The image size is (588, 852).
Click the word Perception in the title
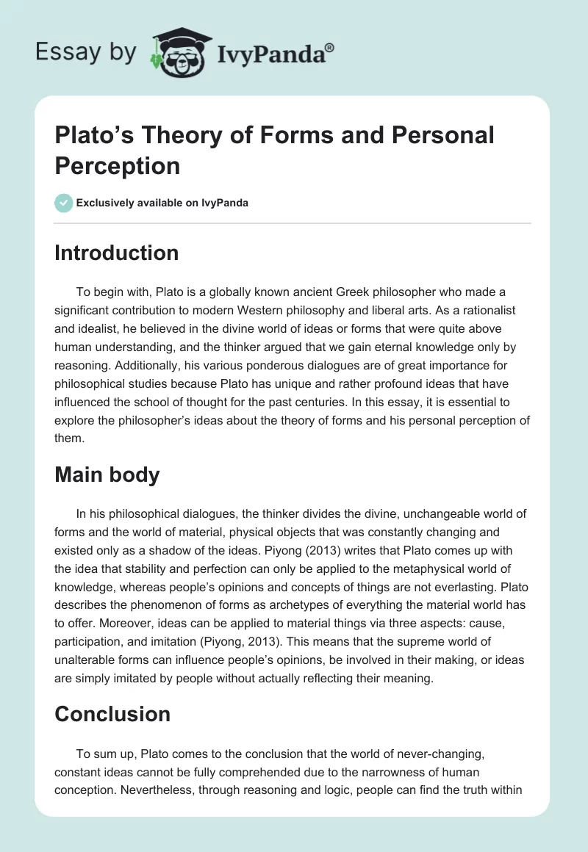pyautogui.click(x=118, y=165)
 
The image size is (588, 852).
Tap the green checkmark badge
pyautogui.click(x=64, y=203)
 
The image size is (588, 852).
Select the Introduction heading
pyautogui.click(x=117, y=253)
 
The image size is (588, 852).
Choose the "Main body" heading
pyautogui.click(x=107, y=474)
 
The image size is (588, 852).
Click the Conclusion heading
pyautogui.click(x=112, y=714)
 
